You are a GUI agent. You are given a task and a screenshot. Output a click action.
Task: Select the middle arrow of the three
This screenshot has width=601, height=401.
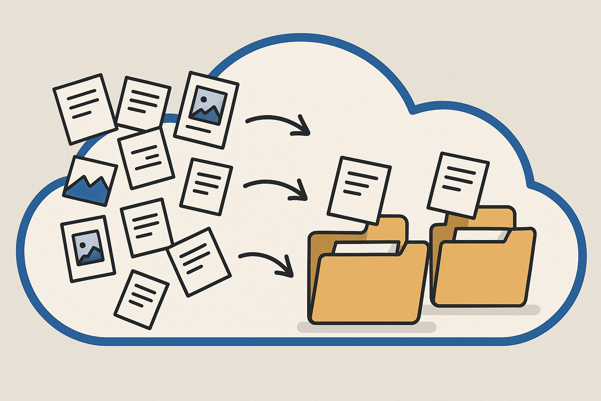(274, 186)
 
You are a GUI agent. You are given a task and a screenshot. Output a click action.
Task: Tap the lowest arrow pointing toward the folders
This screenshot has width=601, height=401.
(266, 260)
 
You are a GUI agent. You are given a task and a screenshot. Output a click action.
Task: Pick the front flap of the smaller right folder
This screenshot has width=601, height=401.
(483, 270)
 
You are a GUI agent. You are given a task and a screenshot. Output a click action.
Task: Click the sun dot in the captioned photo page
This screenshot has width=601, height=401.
(203, 99)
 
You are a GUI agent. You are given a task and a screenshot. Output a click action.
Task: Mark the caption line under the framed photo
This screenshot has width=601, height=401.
(198, 129)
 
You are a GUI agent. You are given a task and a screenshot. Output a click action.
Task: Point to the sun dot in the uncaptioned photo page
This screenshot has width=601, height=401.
(83, 245)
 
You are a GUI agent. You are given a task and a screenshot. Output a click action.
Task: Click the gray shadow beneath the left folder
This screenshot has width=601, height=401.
(366, 327)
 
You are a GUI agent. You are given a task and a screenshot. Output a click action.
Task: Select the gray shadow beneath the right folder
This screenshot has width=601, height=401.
(485, 309)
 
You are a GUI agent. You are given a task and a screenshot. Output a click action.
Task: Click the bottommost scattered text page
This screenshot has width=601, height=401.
(141, 299)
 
